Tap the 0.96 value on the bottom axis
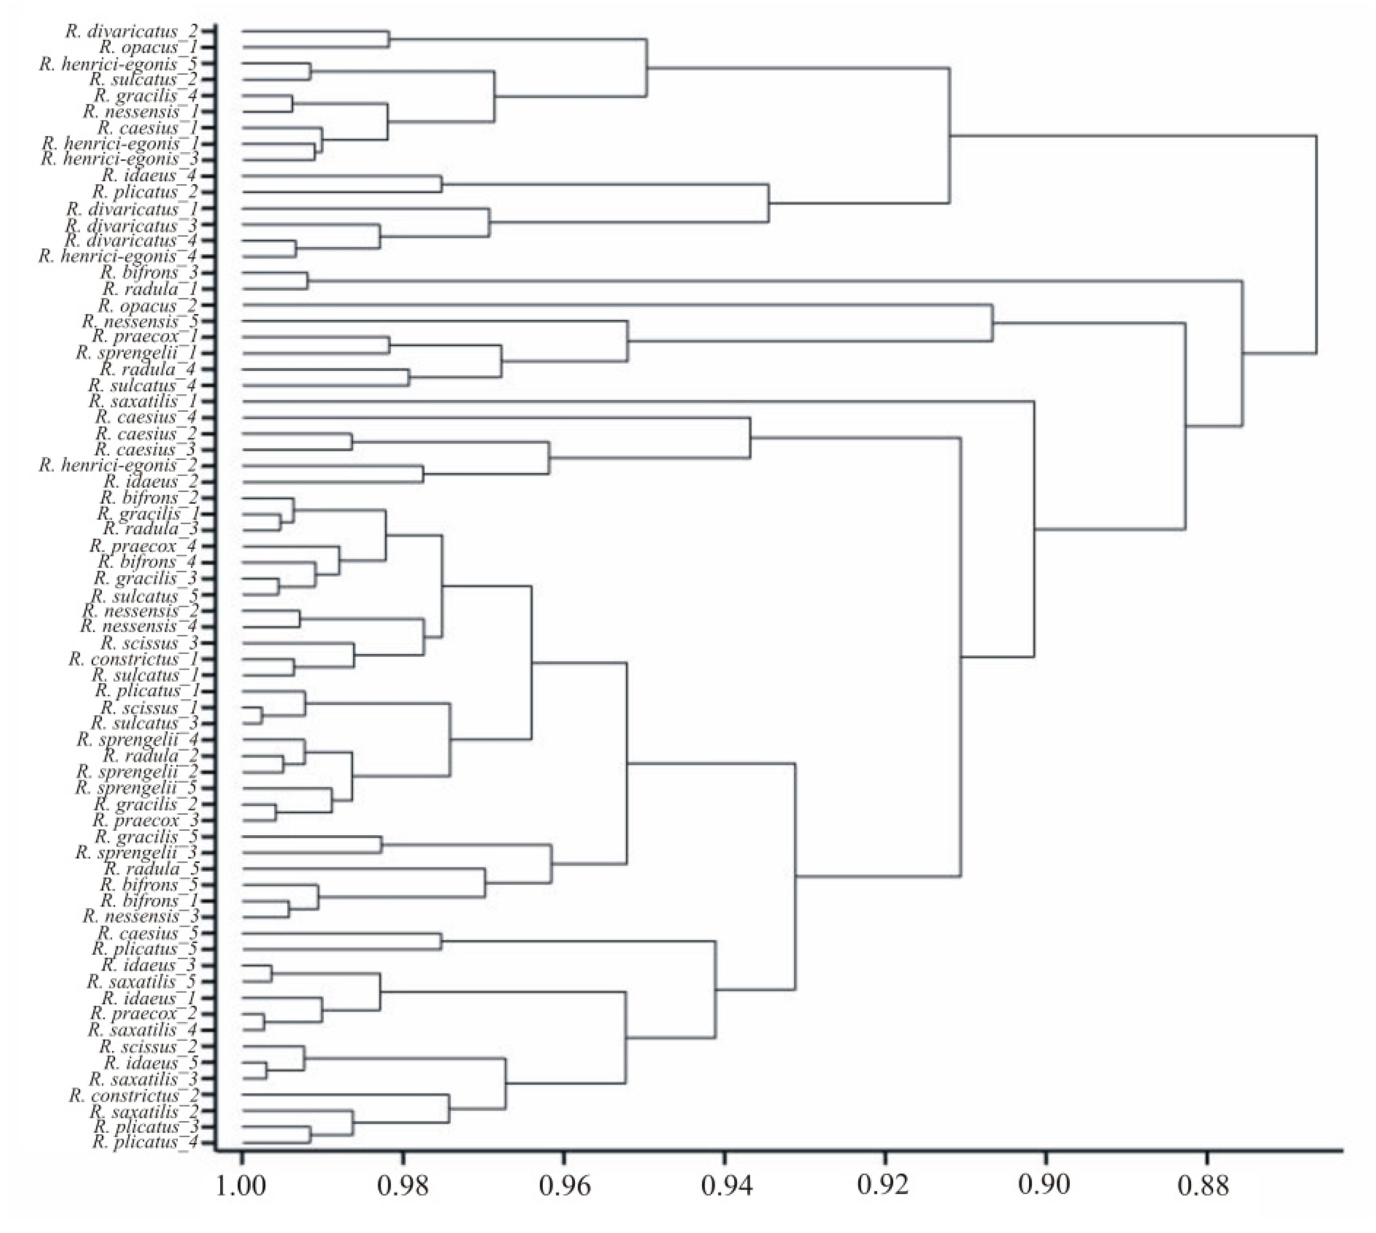coord(563,1204)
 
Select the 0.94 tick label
coord(724,1204)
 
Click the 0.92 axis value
coord(884,1204)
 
